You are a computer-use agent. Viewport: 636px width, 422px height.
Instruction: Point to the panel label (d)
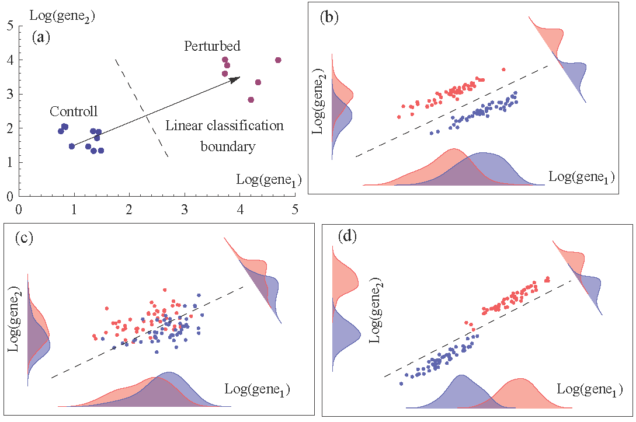pos(348,238)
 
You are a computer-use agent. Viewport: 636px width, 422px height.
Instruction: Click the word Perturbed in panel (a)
pos(212,46)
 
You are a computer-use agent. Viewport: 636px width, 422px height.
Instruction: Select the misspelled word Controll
pos(74,111)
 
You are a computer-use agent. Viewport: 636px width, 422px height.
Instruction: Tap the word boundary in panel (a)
pos(228,147)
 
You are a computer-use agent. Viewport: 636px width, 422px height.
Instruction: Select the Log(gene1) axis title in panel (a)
pos(268,180)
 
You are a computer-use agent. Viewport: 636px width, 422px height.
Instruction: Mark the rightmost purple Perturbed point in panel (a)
pos(278,60)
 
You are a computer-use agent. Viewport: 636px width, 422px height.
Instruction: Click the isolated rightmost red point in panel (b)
pos(503,69)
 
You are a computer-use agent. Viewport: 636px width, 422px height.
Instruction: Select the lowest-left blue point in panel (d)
pos(401,383)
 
